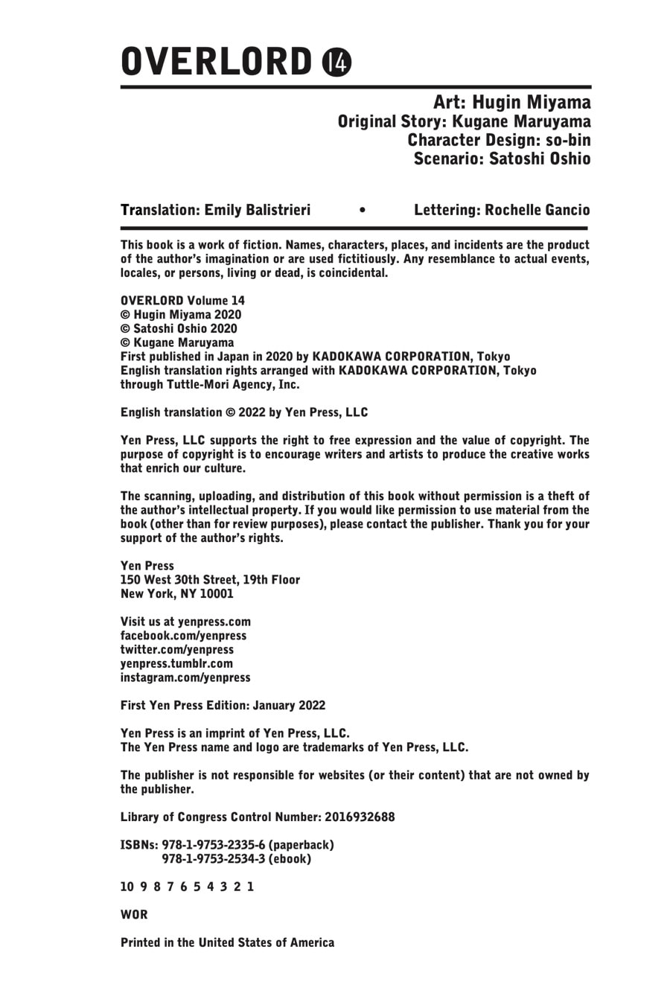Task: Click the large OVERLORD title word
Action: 216,63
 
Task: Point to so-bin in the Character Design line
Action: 567,140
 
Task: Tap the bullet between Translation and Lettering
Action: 362,211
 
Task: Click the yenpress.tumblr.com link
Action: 176,663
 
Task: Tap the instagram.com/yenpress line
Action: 185,677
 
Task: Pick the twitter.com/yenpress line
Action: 177,650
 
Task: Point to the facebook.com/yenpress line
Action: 183,636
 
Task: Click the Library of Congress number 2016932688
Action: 360,817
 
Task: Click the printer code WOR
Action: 134,914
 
